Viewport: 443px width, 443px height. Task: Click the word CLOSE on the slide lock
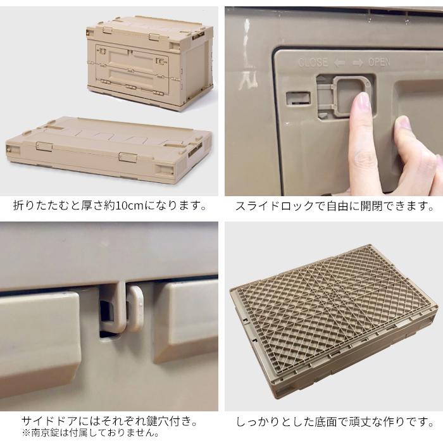[313, 63]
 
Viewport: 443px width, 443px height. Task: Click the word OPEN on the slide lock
[379, 63]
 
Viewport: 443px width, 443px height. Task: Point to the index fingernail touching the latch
[361, 101]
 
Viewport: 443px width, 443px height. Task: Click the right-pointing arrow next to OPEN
[358, 63]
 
